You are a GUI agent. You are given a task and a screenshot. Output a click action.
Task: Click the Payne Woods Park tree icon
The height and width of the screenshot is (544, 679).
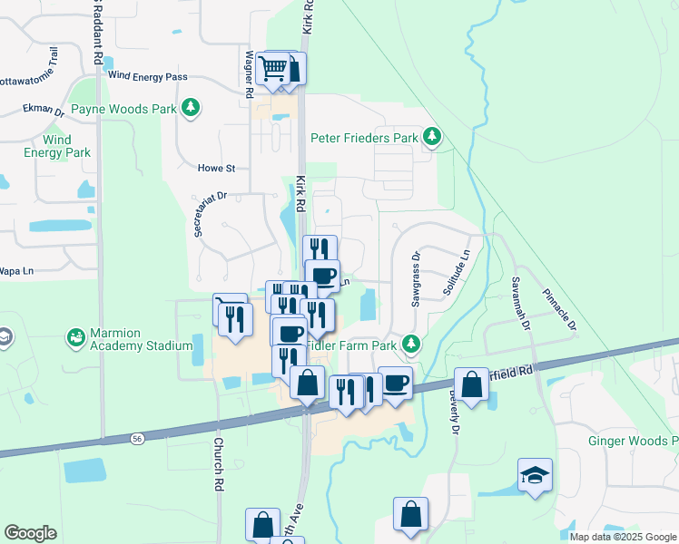point(191,109)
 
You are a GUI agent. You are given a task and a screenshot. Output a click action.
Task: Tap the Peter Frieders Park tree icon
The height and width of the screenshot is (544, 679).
point(433,138)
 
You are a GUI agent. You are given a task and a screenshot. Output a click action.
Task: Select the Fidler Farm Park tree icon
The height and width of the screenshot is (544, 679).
point(411,345)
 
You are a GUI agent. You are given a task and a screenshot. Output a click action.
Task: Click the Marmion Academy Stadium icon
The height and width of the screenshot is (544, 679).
point(76,338)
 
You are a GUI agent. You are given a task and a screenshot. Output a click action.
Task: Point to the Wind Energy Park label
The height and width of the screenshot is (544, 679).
point(56,146)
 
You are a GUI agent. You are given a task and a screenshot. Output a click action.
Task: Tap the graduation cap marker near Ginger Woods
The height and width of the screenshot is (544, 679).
point(535,475)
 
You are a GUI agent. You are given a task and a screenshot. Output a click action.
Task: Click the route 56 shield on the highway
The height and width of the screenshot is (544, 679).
point(137,438)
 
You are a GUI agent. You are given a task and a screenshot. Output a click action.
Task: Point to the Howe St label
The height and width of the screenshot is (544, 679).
point(217,169)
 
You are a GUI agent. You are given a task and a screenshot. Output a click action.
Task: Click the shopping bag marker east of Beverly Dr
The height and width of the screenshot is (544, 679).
point(471,384)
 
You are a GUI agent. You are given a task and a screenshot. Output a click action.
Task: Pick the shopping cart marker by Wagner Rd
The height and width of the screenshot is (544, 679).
point(273,68)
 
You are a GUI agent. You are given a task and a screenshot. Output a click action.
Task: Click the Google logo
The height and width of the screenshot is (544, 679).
point(30,532)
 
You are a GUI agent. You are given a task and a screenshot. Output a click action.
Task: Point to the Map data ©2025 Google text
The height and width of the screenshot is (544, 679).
point(622,537)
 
